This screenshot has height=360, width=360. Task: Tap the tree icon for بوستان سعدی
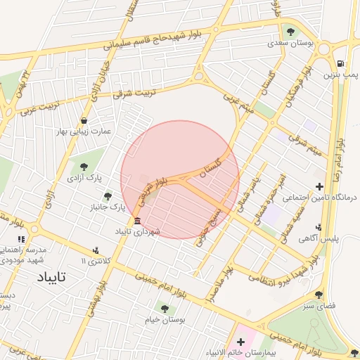tap(290, 32)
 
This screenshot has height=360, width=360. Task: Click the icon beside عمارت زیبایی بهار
tap(84, 120)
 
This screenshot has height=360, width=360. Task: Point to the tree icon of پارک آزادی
tap(84, 167)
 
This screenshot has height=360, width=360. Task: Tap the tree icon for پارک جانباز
tap(108, 196)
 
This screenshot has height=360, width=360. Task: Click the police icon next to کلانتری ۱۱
tap(96, 250)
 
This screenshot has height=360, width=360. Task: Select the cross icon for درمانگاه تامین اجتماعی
tap(321, 187)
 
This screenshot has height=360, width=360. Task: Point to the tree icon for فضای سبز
tap(320, 295)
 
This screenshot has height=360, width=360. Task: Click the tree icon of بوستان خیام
tap(165, 307)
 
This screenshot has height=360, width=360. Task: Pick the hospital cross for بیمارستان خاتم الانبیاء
tap(240, 341)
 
